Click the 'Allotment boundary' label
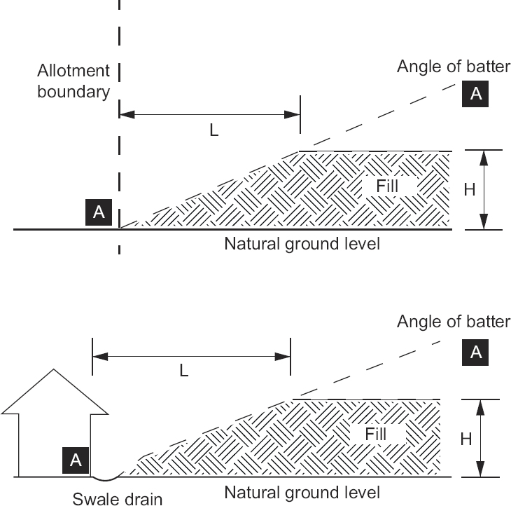tap(75, 81)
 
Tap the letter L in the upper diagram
tap(214, 130)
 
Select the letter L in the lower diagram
tap(183, 371)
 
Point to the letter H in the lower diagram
tap(464, 439)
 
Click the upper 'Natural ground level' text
tap(302, 245)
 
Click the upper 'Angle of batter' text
tap(454, 67)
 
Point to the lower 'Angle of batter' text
tap(454, 322)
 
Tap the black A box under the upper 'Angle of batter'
tap(476, 95)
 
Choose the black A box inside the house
tap(76, 459)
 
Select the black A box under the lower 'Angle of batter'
tap(476, 352)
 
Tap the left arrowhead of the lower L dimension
tap(97, 356)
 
